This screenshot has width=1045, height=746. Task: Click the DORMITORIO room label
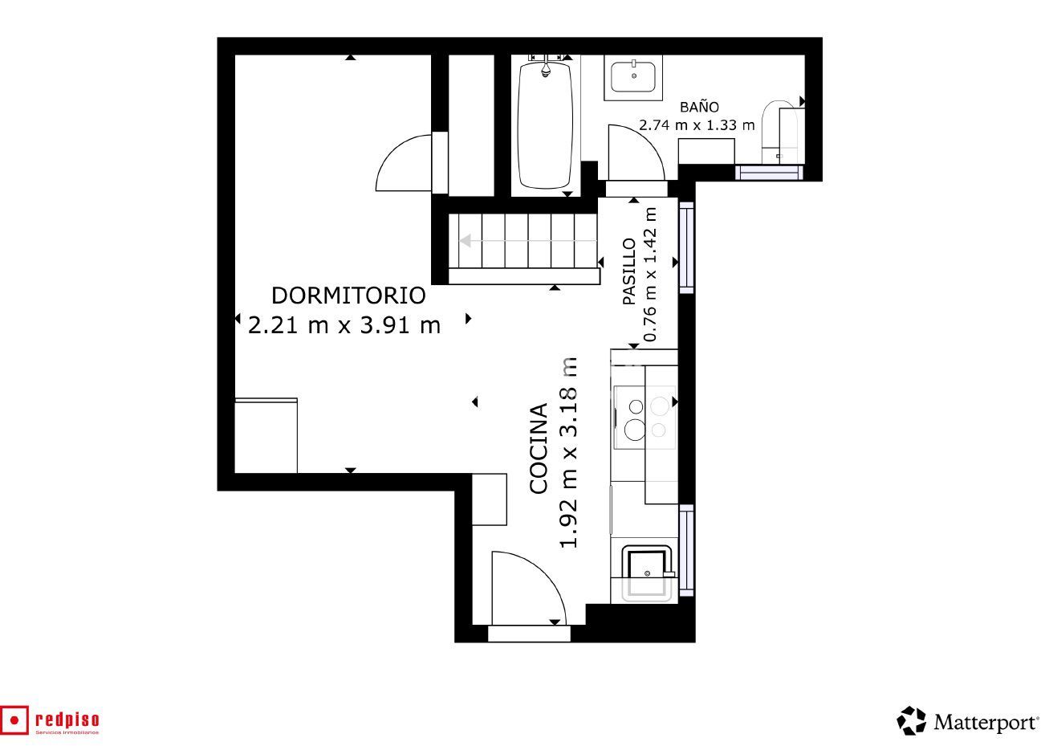[348, 296]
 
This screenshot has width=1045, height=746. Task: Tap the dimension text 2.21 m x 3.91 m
[344, 325]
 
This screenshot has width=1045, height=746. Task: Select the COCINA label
[539, 448]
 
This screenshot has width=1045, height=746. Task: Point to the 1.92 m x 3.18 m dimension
[568, 454]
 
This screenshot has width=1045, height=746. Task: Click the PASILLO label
[629, 271]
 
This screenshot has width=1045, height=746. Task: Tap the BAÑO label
[699, 107]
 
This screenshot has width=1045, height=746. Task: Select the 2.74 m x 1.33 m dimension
[697, 125]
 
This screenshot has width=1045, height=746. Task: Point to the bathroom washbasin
[633, 77]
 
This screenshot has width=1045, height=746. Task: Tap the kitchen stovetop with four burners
[644, 418]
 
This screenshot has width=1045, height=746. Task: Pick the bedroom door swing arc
[404, 163]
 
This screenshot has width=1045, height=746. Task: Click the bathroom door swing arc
[636, 153]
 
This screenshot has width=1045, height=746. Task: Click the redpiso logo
[51, 720]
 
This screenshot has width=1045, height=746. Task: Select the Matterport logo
[968, 721]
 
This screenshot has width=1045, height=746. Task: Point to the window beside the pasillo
[686, 246]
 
